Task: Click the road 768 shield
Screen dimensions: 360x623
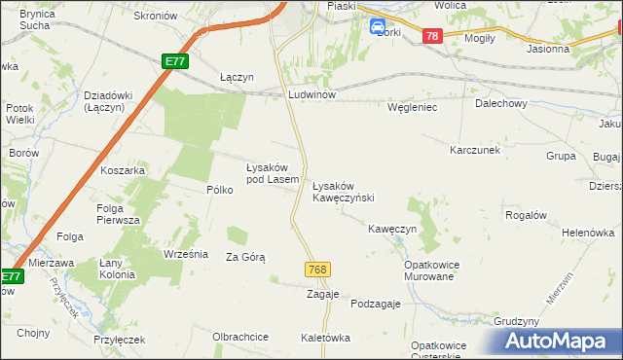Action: pyautogui.click(x=315, y=269)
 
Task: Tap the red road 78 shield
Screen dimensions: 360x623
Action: pyautogui.click(x=433, y=36)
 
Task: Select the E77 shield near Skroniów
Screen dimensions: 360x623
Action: pyautogui.click(x=175, y=61)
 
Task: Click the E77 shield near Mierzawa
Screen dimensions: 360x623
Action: pyautogui.click(x=10, y=277)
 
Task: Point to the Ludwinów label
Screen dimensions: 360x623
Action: pyautogui.click(x=311, y=95)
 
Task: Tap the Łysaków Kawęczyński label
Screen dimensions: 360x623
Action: pyautogui.click(x=343, y=191)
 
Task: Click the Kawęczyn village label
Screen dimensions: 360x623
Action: pyautogui.click(x=392, y=229)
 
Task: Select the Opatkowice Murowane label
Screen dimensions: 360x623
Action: pyautogui.click(x=430, y=270)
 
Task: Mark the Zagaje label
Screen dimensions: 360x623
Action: pyautogui.click(x=322, y=294)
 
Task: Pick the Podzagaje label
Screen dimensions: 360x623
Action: pyautogui.click(x=376, y=304)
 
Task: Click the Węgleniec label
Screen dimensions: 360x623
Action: pyautogui.click(x=413, y=107)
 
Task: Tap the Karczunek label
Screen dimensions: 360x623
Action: pyautogui.click(x=474, y=151)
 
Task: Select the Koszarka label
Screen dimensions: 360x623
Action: pyautogui.click(x=123, y=170)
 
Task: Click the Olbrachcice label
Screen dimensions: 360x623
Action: pyautogui.click(x=240, y=337)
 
